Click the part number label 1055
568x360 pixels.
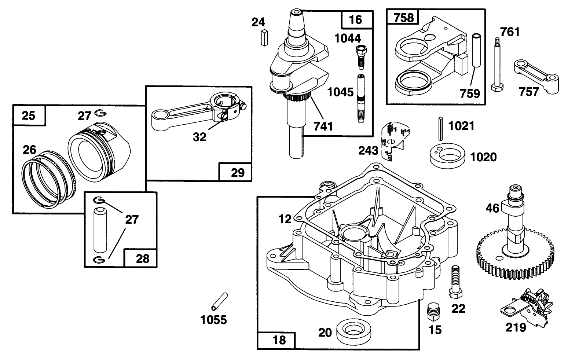pyautogui.click(x=214, y=320)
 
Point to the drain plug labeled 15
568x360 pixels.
pyautogui.click(x=434, y=312)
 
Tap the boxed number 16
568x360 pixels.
pyautogui.click(x=355, y=19)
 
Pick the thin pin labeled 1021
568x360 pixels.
pyautogui.click(x=440, y=128)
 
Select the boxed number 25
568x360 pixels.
pyautogui.click(x=29, y=115)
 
